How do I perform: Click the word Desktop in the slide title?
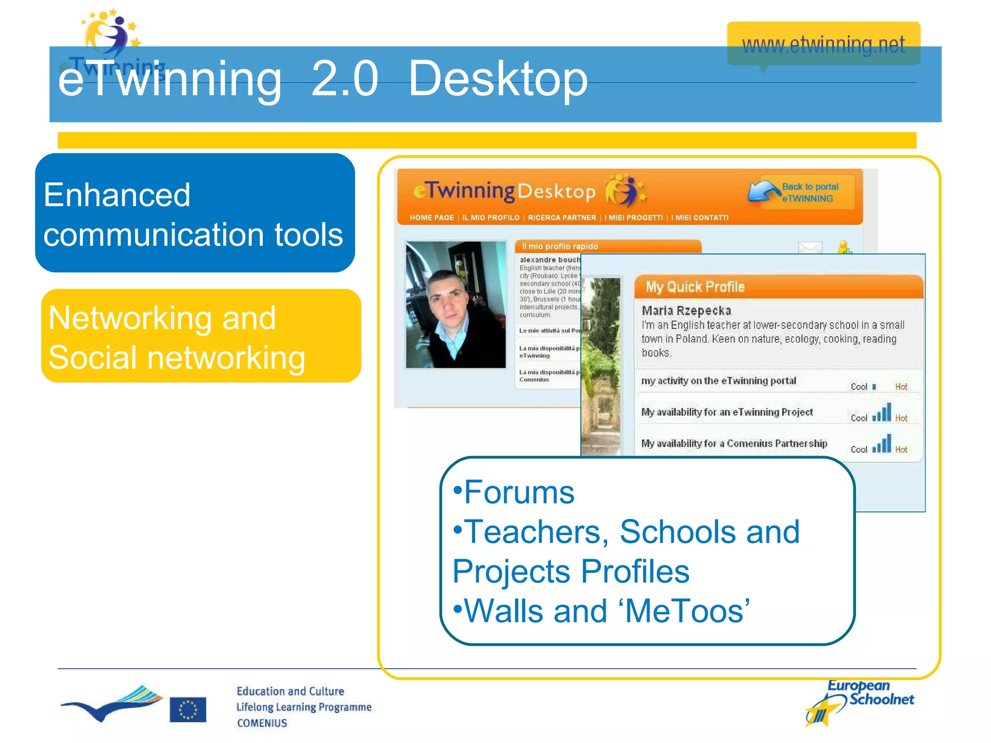[x=498, y=79]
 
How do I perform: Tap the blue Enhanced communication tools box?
[x=195, y=213]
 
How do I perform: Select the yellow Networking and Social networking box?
[x=200, y=336]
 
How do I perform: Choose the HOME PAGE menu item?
[x=432, y=218]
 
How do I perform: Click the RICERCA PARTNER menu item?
[x=562, y=218]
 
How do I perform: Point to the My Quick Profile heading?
[x=695, y=287]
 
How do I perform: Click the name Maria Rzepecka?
[x=686, y=311]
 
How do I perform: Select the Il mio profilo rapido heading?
[x=560, y=246]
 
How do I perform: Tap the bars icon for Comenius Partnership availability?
[x=882, y=444]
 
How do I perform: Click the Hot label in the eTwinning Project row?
[x=901, y=418]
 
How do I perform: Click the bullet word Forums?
[x=519, y=492]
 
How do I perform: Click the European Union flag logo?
[x=188, y=710]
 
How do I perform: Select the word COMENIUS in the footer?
[x=262, y=723]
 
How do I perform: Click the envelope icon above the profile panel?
[x=810, y=248]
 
